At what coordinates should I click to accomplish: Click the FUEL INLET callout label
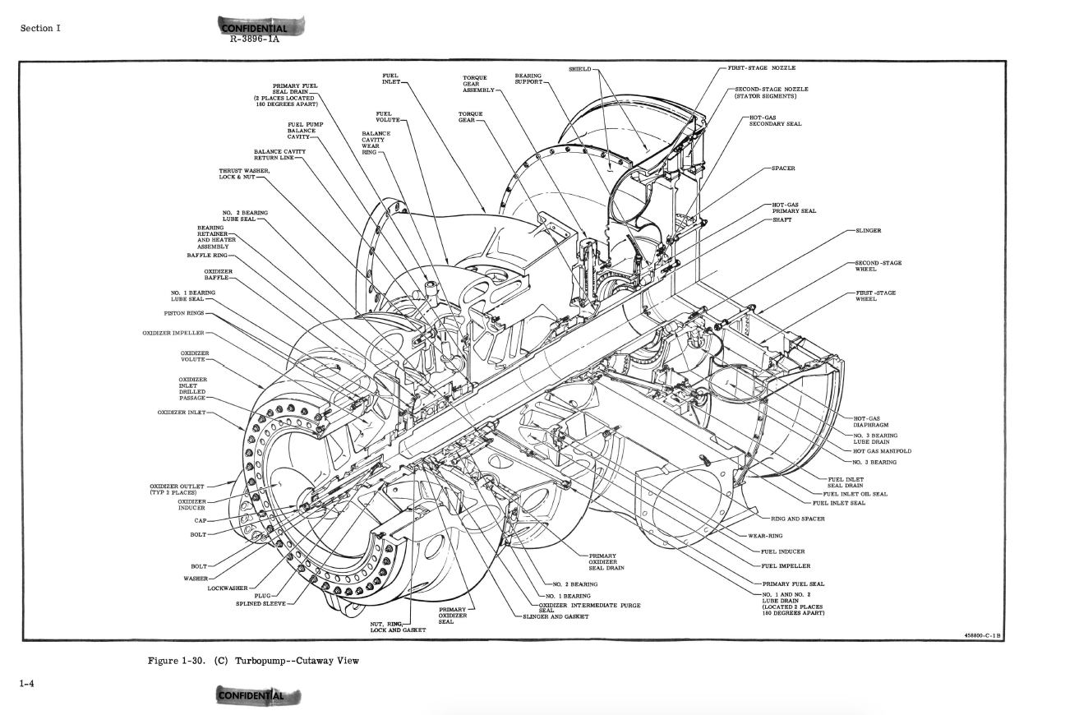392,78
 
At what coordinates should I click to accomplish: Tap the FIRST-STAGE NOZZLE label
761,67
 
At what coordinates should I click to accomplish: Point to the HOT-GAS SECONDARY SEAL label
769,121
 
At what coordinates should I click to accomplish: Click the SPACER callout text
783,168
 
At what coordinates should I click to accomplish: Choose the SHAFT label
782,219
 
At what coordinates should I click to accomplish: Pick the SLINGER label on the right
869,232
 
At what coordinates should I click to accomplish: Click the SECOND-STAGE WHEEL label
878,266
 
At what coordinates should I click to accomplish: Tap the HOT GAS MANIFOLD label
882,451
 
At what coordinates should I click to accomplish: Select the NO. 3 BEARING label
874,462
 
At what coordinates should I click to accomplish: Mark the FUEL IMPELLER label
786,565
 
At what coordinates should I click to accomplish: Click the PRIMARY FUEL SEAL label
793,584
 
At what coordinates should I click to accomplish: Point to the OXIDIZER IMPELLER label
173,334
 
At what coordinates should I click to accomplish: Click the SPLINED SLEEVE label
261,603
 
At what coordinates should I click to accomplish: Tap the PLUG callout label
262,596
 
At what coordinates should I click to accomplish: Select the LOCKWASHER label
228,588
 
